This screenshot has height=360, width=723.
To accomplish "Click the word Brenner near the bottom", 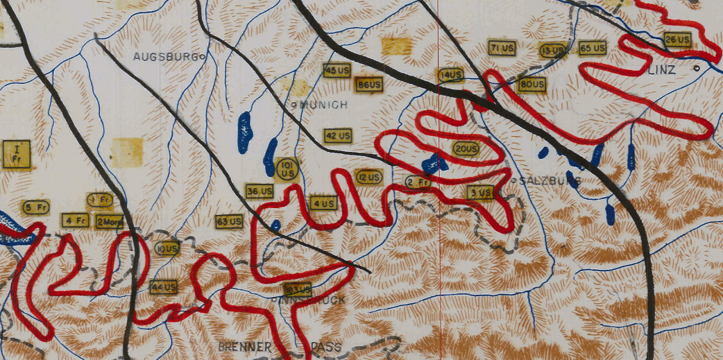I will click(x=239, y=346).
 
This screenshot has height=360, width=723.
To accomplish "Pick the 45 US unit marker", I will click(x=338, y=71).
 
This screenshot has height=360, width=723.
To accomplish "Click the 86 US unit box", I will click(x=369, y=85).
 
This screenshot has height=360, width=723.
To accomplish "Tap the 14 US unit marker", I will click(x=450, y=75).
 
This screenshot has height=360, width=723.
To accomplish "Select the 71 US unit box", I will click(x=502, y=48).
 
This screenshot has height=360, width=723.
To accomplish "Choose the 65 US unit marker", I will click(x=593, y=48).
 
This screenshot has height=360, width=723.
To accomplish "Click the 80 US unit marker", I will click(x=531, y=85).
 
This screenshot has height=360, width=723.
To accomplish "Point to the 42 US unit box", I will click(x=338, y=135).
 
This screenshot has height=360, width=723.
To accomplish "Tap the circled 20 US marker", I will click(x=466, y=148).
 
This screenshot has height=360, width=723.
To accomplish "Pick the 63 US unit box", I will click(x=229, y=222).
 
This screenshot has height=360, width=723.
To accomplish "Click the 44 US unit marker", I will click(x=164, y=286).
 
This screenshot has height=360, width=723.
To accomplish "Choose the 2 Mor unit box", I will click(x=109, y=222).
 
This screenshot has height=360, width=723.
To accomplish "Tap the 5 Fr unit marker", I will click(x=36, y=207).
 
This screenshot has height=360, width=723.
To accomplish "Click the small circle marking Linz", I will click(x=696, y=69).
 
